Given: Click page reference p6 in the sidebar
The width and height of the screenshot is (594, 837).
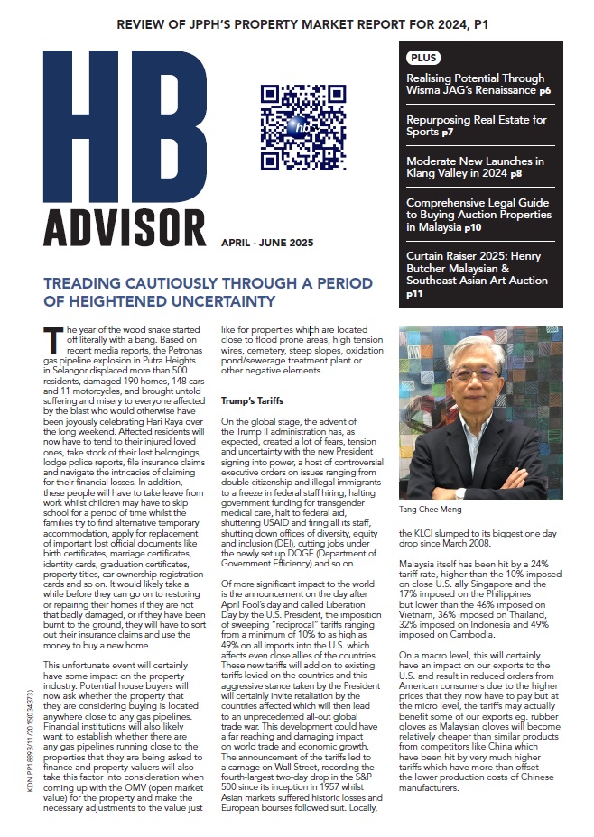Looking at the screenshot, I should click(545, 92).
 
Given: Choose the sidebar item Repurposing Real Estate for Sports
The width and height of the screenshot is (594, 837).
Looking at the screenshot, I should click(476, 125).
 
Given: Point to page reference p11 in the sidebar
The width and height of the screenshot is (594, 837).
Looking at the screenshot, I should click(414, 293).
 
